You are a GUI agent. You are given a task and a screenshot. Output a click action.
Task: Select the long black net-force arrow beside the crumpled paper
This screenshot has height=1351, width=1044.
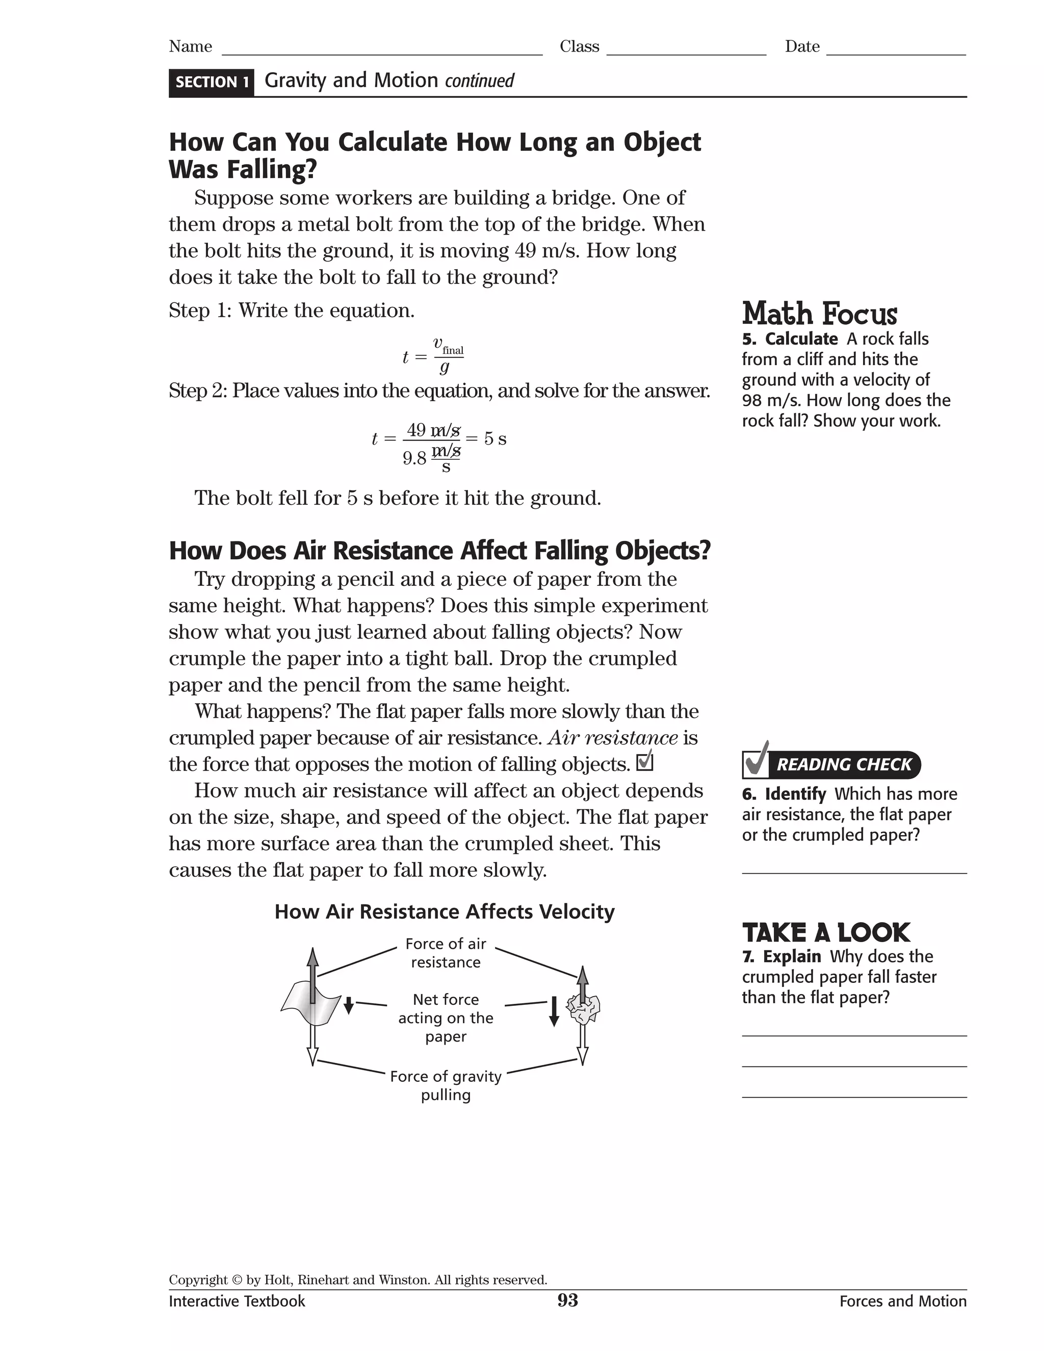click(554, 1011)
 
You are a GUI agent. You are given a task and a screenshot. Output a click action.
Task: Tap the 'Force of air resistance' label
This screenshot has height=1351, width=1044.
click(446, 953)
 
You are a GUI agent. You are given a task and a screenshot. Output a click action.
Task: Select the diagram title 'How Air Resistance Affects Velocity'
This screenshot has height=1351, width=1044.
click(444, 912)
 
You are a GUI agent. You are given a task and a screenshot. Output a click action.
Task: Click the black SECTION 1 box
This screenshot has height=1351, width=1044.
click(212, 82)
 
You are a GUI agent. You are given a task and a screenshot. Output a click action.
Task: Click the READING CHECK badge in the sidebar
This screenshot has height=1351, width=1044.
click(831, 764)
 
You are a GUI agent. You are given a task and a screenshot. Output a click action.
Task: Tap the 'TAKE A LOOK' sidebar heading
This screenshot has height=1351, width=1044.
click(826, 932)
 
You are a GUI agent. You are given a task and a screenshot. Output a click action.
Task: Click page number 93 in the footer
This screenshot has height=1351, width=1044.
click(567, 1300)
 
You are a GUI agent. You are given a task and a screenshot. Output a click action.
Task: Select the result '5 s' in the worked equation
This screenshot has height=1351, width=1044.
click(495, 438)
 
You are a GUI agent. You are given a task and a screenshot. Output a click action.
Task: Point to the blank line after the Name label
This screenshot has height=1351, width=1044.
click(382, 49)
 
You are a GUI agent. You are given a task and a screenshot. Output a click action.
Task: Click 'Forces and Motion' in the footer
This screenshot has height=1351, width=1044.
click(902, 1301)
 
